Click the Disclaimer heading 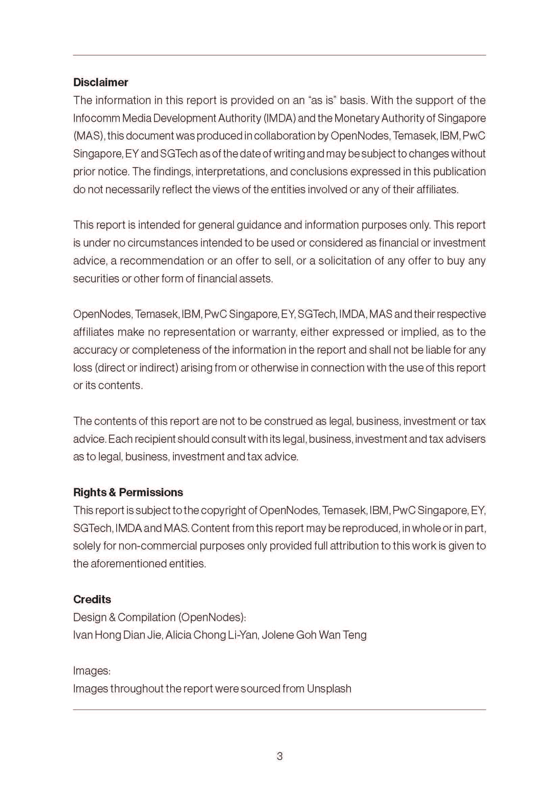[100, 82]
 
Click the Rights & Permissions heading [128, 492]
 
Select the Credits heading [92, 600]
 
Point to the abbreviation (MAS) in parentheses [89, 136]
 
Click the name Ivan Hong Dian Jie [117, 635]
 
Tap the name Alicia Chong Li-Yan [212, 635]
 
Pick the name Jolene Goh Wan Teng [314, 635]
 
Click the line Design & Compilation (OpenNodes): [160, 617]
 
